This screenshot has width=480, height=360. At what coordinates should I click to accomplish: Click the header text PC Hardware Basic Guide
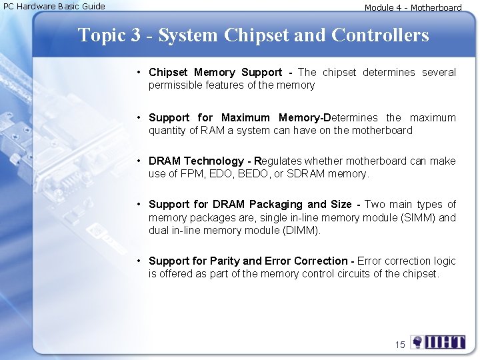click(55, 6)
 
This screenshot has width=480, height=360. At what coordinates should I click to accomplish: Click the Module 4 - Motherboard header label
click(413, 8)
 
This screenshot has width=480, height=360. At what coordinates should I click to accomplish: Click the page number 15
click(400, 345)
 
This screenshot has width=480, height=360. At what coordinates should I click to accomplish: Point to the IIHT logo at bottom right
click(438, 343)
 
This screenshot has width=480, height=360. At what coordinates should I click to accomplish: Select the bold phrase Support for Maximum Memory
click(235, 117)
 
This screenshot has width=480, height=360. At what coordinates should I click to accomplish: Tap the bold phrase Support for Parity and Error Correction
click(248, 261)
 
